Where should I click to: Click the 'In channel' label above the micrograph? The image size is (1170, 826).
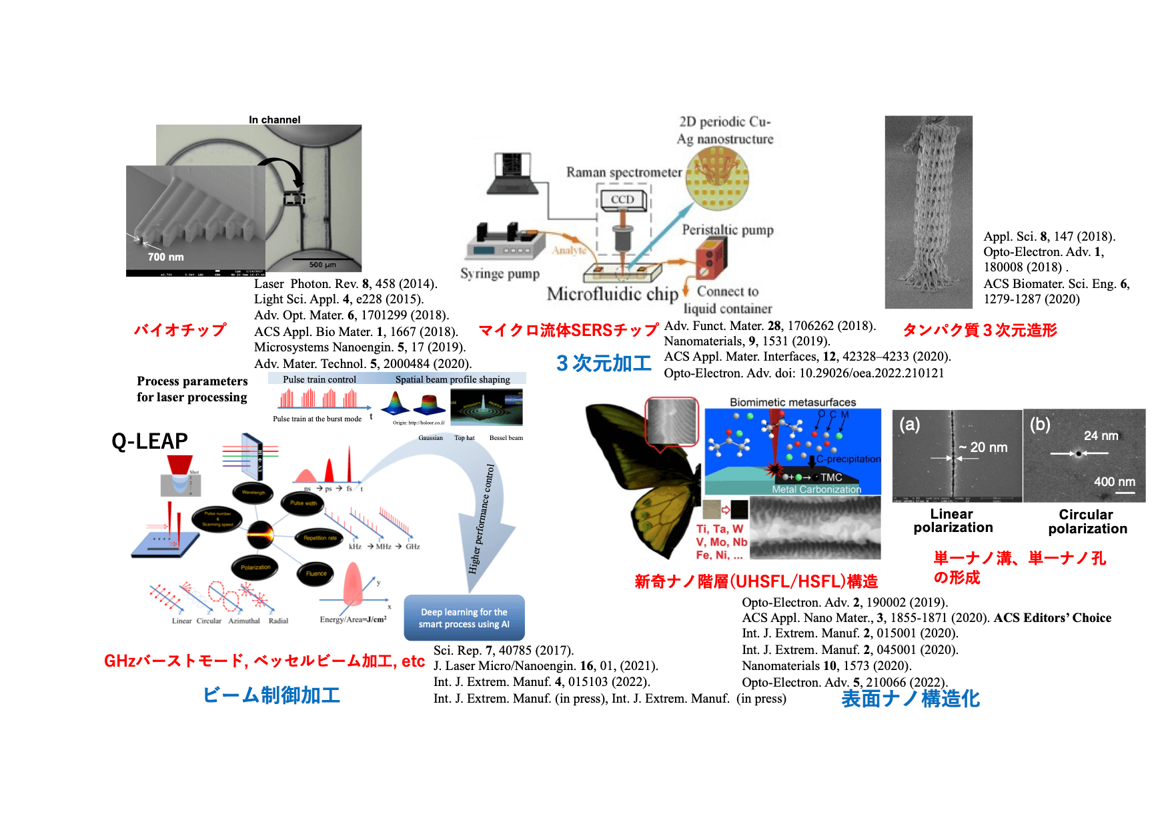[x=274, y=120]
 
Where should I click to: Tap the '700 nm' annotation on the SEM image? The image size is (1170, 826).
[x=165, y=257]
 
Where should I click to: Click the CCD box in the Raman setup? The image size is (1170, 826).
[x=622, y=199]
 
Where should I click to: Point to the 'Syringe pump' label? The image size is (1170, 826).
[x=500, y=274]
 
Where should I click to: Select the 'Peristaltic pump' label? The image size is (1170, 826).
[x=727, y=230]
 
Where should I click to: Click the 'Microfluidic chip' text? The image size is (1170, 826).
[x=612, y=294]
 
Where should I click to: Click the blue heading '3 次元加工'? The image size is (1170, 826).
[x=604, y=363]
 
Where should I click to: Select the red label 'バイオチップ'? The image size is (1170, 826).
[x=180, y=330]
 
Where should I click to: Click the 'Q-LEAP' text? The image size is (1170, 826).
[x=149, y=441]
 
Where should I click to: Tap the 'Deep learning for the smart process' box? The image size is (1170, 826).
[x=464, y=618]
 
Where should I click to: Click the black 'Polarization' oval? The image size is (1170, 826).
[x=255, y=567]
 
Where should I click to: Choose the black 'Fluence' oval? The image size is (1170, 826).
[x=316, y=573]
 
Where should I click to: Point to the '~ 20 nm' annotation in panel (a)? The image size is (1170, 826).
[x=983, y=447]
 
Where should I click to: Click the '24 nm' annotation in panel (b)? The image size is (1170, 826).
[x=1101, y=436]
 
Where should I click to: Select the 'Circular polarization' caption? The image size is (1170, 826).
[x=1087, y=521]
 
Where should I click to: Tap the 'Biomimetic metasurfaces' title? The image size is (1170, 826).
[x=792, y=403]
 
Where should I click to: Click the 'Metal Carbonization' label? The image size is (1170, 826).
[x=816, y=489]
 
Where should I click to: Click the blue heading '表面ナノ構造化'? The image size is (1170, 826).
[x=911, y=699]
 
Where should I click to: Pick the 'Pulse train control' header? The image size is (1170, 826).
[x=320, y=379]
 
